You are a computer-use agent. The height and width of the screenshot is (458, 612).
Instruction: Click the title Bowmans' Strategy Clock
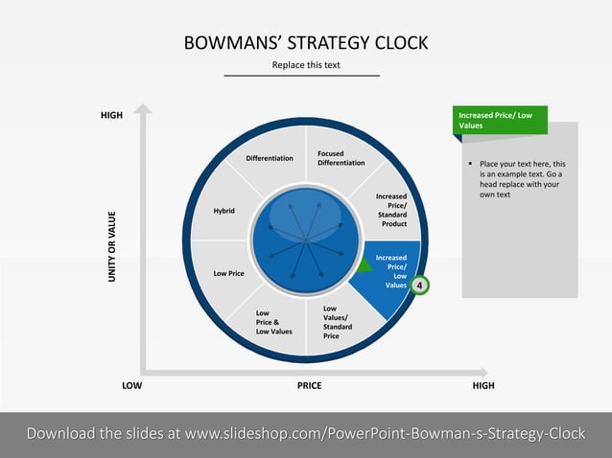pyautogui.click(x=305, y=43)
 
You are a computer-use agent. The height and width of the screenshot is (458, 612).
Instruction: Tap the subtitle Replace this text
pyautogui.click(x=306, y=65)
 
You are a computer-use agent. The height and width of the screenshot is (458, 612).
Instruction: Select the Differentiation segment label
pyautogui.click(x=270, y=158)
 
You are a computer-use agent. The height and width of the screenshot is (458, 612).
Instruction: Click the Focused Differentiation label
pyautogui.click(x=341, y=158)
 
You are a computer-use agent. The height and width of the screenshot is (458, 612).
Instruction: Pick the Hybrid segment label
pyautogui.click(x=224, y=210)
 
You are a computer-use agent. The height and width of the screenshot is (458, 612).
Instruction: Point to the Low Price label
pyautogui.click(x=228, y=274)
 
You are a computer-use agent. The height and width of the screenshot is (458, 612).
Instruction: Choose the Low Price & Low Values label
pyautogui.click(x=273, y=322)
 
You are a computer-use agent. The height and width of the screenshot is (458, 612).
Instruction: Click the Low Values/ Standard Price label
pyautogui.click(x=336, y=322)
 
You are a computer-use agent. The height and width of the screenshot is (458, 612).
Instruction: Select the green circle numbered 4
pyautogui.click(x=419, y=286)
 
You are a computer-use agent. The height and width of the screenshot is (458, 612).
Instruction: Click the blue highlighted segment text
pyautogui.click(x=391, y=271)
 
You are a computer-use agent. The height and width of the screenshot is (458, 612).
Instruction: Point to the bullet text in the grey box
pyautogui.click(x=522, y=179)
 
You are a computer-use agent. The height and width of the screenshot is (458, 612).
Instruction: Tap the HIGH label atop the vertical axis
pyautogui.click(x=111, y=116)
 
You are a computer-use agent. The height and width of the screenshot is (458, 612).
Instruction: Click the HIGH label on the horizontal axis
pyautogui.click(x=483, y=386)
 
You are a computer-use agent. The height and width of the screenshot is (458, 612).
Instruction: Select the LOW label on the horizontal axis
pyautogui.click(x=131, y=386)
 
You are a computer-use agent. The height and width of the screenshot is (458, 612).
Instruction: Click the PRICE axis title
pyautogui.click(x=309, y=386)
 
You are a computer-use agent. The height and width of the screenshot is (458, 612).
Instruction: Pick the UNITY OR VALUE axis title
pyautogui.click(x=111, y=246)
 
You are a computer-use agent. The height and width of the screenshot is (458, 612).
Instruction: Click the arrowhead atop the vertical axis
pyautogui.click(x=143, y=109)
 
